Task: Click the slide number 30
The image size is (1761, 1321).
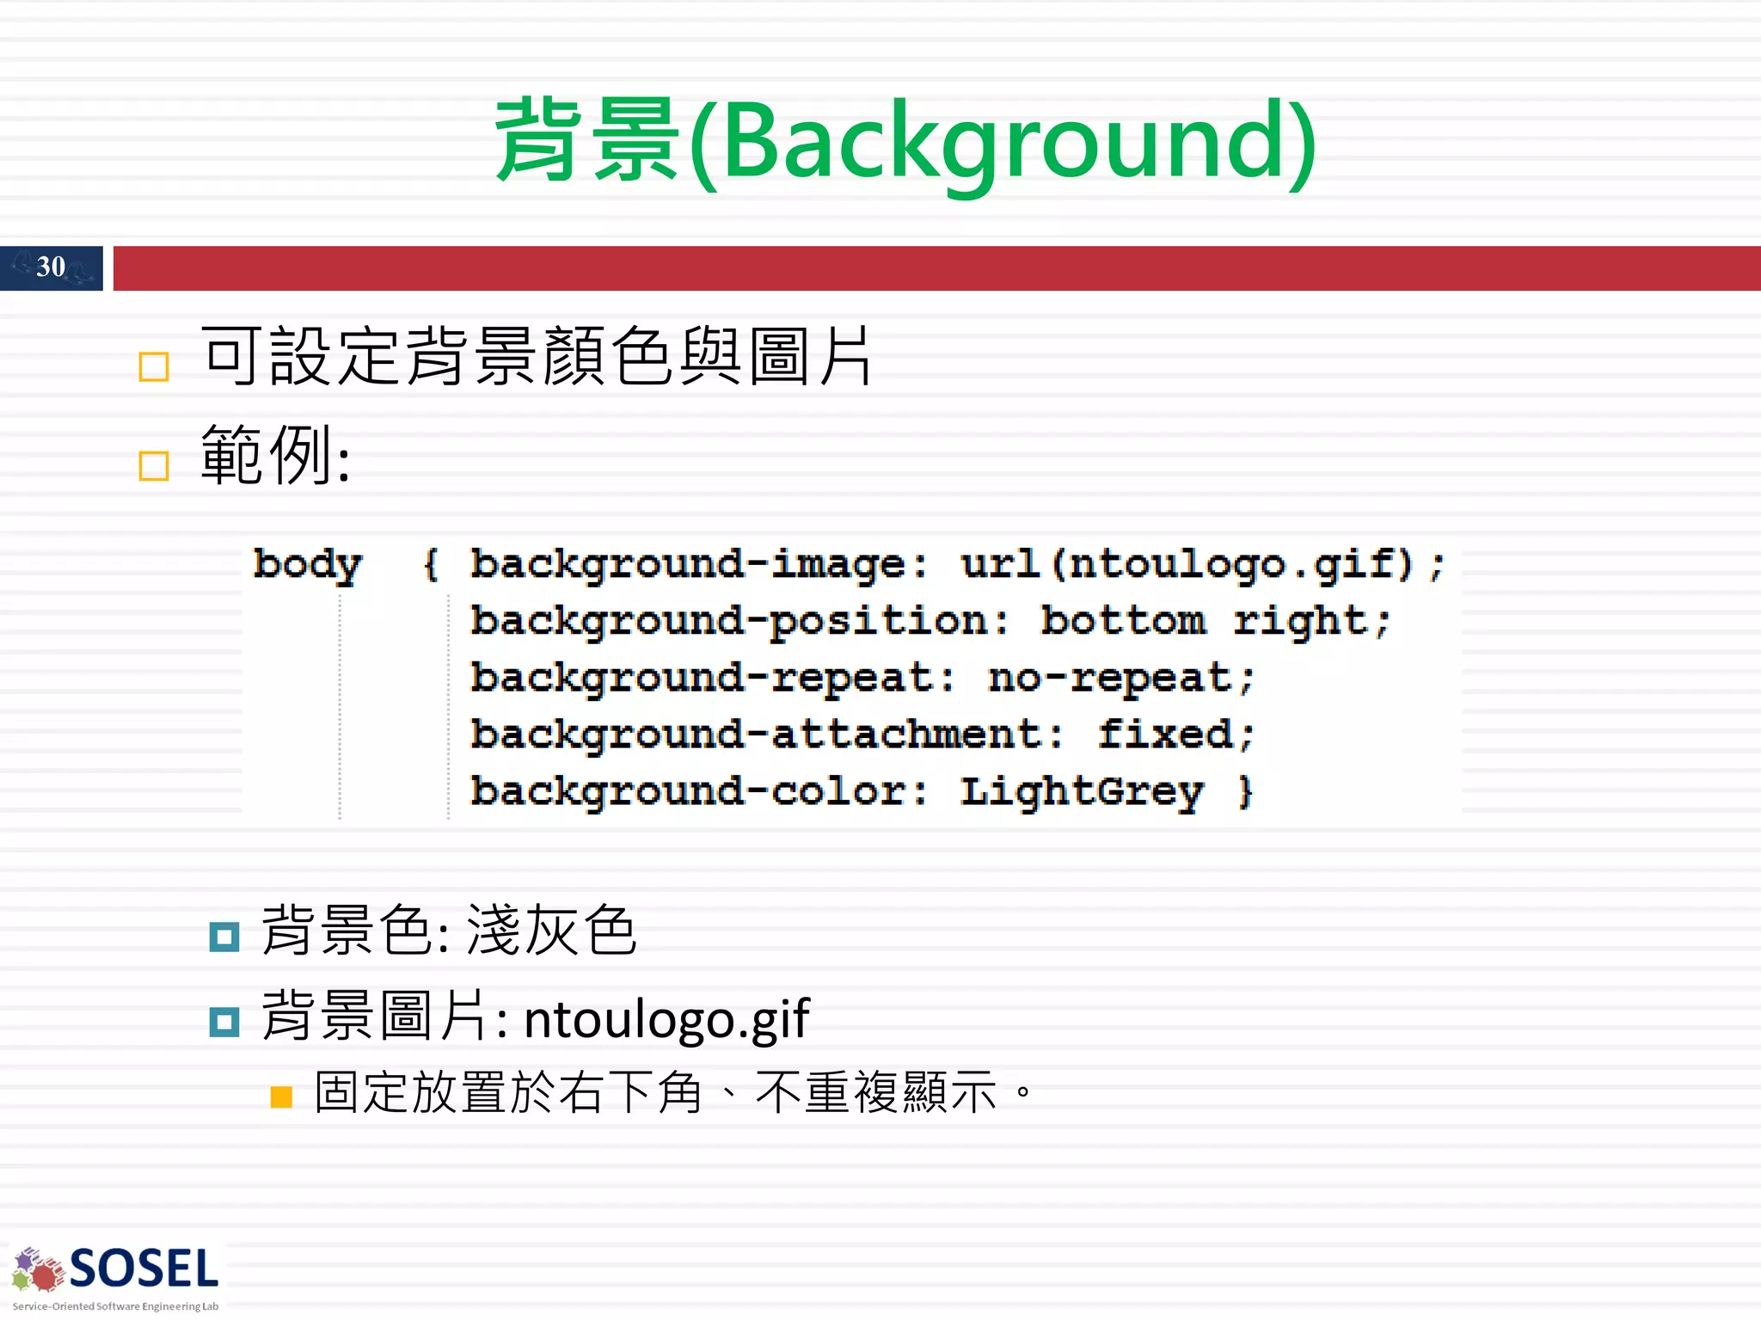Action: click(x=51, y=267)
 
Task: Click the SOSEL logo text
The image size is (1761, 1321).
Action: click(x=144, y=1269)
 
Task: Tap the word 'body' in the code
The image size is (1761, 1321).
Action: click(x=307, y=565)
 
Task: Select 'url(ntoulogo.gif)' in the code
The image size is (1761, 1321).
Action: click(x=1187, y=565)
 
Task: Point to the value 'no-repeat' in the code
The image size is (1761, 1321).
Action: click(x=1110, y=679)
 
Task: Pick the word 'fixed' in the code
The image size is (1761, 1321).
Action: click(x=1165, y=735)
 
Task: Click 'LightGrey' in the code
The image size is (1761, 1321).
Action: click(x=1082, y=792)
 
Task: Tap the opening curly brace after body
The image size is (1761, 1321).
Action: click(x=431, y=565)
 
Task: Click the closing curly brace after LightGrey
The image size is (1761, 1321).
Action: click(x=1244, y=792)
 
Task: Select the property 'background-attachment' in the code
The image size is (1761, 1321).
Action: click(x=756, y=735)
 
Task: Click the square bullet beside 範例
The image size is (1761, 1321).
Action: click(x=154, y=466)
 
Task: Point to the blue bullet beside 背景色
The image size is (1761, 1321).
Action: click(x=224, y=937)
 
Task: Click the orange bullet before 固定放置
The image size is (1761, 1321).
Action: click(x=281, y=1097)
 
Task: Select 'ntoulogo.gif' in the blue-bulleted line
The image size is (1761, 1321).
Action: click(x=666, y=1019)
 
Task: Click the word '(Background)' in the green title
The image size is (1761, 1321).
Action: click(x=1003, y=142)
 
